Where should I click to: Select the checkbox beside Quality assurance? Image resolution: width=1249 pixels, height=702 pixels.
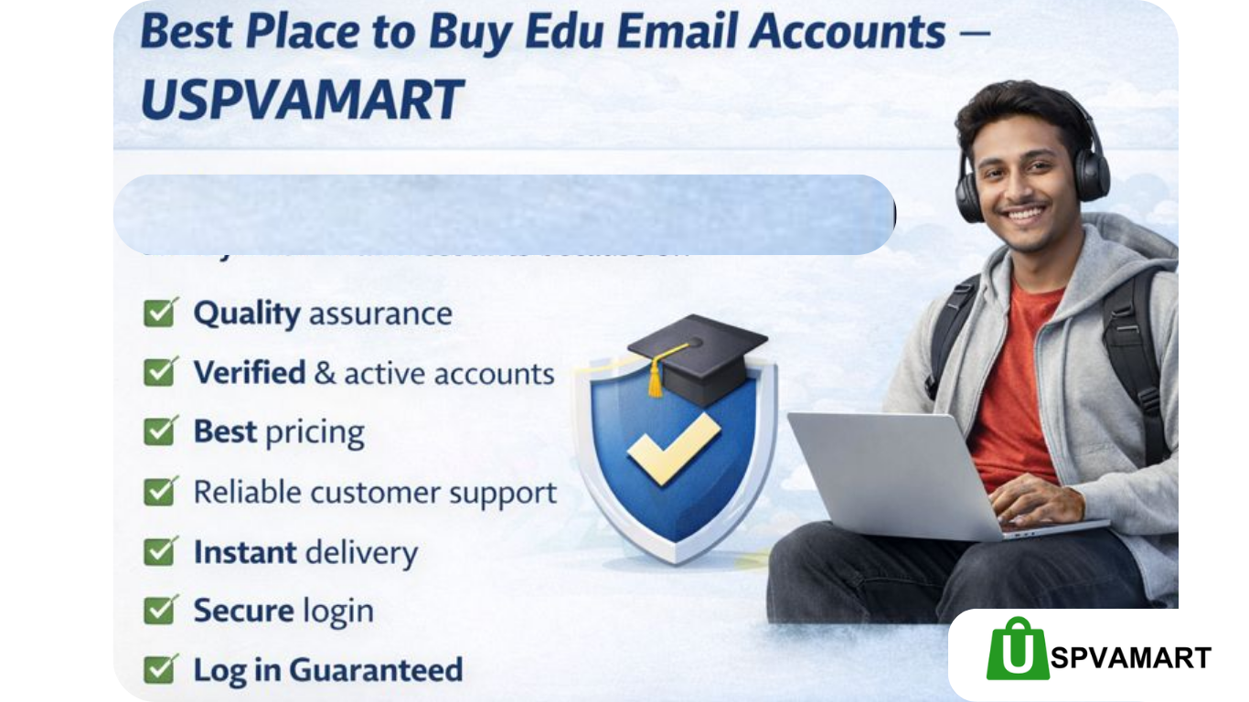tap(161, 314)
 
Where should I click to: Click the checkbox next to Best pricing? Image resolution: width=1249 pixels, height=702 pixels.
tap(161, 431)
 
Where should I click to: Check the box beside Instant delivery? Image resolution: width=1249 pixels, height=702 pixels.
tap(161, 551)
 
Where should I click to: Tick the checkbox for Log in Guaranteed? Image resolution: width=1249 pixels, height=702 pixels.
tap(161, 669)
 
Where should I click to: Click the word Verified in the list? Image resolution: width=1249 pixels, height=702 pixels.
tap(249, 373)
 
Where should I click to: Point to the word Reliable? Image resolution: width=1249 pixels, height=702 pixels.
tap(247, 492)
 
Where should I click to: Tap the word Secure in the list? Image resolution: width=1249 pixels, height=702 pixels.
tap(243, 611)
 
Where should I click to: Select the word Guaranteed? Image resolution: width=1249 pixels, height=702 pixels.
tap(376, 670)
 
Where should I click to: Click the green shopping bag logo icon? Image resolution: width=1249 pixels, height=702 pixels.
tap(1017, 649)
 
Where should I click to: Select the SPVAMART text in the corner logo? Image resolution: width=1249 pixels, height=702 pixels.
tap(1130, 657)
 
